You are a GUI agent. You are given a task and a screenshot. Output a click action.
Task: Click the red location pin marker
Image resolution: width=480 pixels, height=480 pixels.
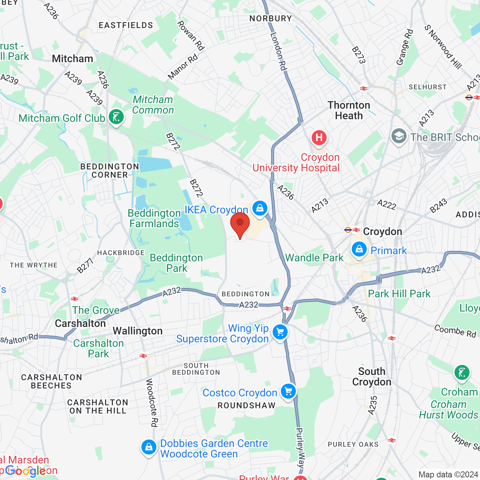coord(240,224)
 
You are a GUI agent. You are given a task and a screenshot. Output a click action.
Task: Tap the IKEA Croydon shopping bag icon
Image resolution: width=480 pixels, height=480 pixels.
coord(259,208)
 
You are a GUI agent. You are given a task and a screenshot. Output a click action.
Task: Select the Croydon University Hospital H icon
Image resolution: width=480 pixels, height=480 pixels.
coord(319,138)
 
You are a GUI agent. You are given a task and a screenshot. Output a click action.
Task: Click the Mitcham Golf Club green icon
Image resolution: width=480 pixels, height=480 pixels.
coord(116,117)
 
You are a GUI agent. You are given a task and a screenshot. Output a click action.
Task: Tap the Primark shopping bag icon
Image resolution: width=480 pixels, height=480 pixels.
coord(359,249)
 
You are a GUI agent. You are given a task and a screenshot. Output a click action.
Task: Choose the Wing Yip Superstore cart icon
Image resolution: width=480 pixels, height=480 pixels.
coord(280,332)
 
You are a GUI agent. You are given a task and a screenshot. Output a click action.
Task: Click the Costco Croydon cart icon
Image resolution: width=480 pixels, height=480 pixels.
coord(288,391)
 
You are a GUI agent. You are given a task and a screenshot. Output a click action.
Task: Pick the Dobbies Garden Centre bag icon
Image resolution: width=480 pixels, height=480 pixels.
coord(149,447)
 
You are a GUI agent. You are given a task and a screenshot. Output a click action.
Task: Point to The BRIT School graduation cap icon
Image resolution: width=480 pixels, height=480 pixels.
coord(399,136)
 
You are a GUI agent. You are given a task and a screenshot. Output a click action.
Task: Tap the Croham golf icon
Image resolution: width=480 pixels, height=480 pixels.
coord(462,373)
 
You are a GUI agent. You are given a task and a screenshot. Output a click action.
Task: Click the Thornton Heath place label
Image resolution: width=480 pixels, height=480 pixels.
coord(349,110)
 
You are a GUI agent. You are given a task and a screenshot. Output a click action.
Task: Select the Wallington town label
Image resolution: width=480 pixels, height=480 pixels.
coord(138,331)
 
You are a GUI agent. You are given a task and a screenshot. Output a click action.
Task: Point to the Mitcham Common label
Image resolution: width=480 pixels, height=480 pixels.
coord(153,105)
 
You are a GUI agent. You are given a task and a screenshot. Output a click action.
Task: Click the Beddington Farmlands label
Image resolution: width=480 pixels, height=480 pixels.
coord(154,218)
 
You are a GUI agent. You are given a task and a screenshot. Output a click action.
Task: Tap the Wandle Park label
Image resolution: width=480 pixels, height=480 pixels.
coord(314,258)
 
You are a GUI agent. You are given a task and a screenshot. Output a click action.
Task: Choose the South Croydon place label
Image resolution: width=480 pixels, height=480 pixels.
coord(372,376)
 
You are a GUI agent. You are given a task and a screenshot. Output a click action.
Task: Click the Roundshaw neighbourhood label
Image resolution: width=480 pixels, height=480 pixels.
coord(246,405)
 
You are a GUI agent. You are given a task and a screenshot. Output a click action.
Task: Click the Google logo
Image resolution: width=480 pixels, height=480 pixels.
coord(25,471)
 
